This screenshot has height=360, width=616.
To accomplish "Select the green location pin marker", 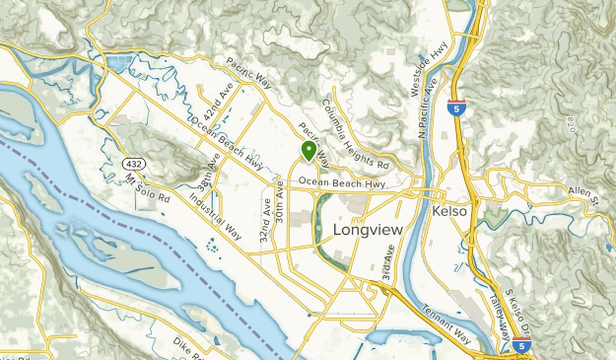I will (x=308, y=151).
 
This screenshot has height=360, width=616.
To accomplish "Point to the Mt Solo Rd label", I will (x=149, y=190).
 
